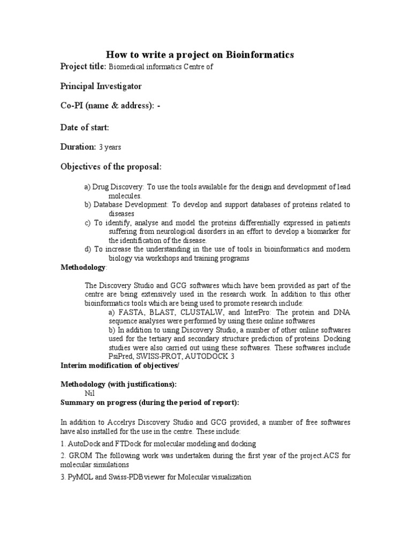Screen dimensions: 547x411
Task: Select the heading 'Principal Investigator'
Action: [101, 86]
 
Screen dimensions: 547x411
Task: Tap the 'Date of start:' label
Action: [85, 127]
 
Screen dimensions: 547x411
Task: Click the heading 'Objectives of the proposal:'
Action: [111, 167]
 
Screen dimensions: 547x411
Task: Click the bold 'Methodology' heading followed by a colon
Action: [82, 267]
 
